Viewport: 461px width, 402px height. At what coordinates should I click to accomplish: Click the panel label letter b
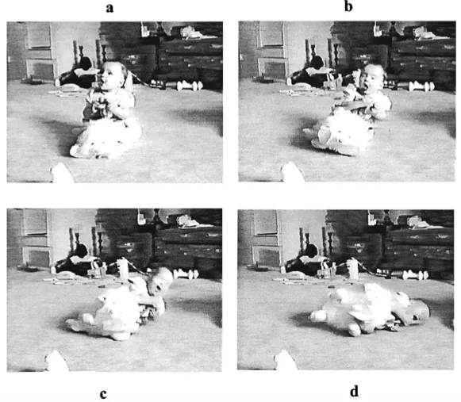coord(348,9)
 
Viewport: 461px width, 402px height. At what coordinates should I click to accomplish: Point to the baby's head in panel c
coord(161,279)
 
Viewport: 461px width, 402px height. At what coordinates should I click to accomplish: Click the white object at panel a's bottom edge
coord(61,173)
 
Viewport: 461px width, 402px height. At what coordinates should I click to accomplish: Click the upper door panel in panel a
coord(38,36)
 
